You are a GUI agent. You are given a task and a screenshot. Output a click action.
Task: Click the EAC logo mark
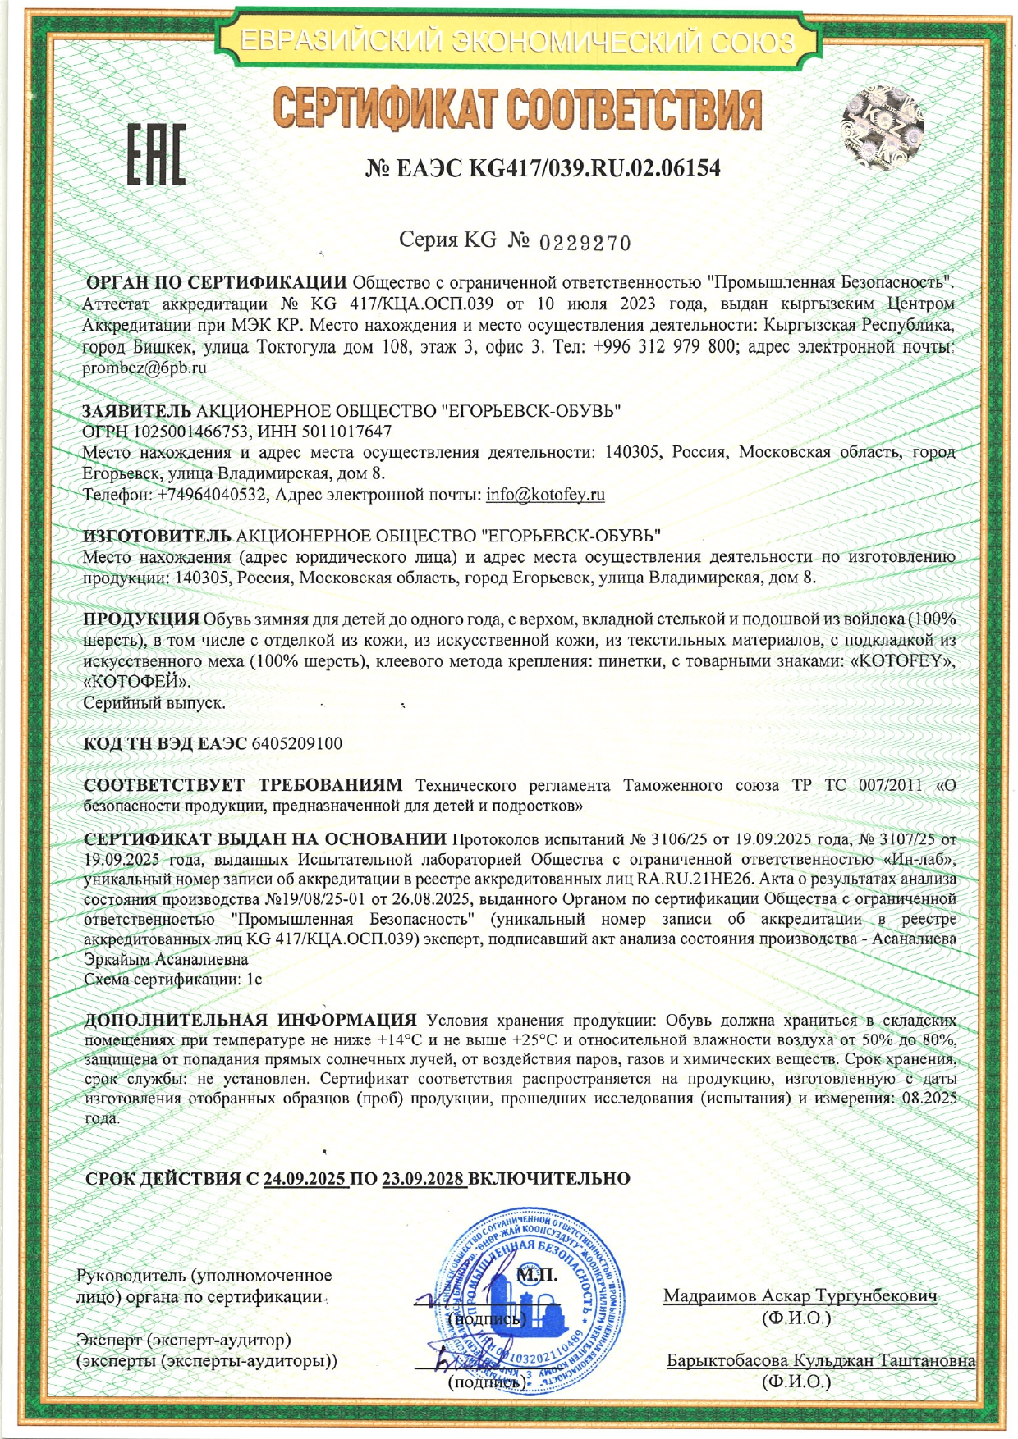pos(156,153)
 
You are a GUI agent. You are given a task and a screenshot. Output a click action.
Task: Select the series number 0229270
pos(584,243)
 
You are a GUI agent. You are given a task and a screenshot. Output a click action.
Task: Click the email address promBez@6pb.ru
pos(144,368)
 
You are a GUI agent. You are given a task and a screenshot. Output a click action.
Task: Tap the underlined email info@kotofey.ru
pos(545,495)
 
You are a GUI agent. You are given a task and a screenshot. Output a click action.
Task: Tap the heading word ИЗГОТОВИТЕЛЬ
pos(157,537)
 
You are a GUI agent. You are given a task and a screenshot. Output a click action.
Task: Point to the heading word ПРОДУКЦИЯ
pos(142,619)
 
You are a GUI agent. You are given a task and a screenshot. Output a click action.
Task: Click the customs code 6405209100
pos(297,744)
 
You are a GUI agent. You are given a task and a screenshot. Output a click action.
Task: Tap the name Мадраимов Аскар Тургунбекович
pos(800,1296)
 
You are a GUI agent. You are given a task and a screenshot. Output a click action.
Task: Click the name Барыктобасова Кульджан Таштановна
pos(821,1360)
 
